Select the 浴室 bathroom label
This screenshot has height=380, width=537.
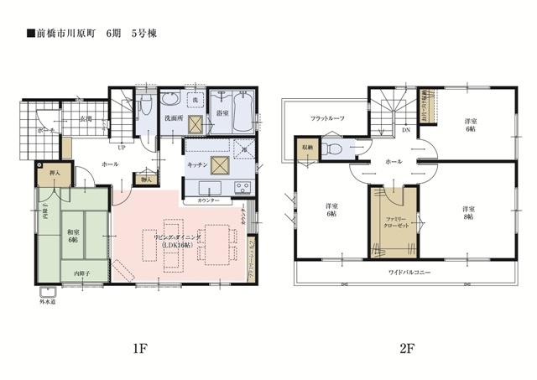tap(223, 111)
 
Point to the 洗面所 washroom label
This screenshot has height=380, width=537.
tap(174, 120)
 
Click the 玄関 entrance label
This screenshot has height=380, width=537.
tap(86, 121)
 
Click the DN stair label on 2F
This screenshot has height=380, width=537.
tap(406, 131)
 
